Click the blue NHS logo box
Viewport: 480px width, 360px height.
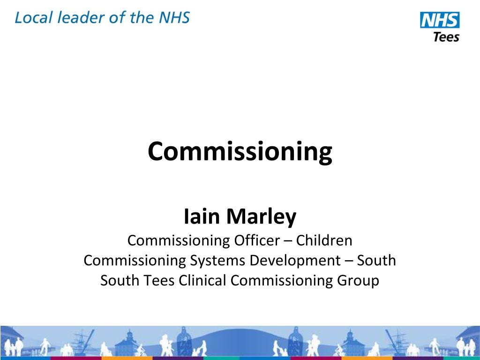[x=440, y=20]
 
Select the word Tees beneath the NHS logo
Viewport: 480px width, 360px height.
[x=446, y=37]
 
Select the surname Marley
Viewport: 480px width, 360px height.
[x=262, y=217]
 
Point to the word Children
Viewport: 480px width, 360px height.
[x=324, y=240]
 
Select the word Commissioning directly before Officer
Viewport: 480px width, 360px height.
[x=178, y=240]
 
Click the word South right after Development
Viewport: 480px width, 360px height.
[x=377, y=260]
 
